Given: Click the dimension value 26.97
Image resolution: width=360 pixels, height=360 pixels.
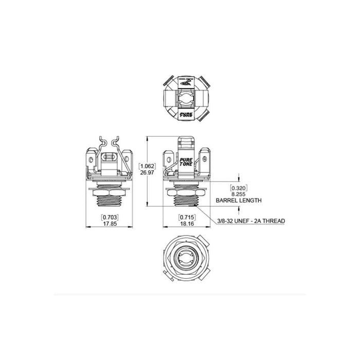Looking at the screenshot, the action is point(147,172).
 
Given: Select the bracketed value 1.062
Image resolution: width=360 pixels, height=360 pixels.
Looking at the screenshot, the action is point(147,166).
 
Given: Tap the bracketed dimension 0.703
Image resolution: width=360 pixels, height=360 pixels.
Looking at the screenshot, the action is point(110,217).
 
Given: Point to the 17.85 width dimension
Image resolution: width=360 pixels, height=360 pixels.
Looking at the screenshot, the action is point(110,224).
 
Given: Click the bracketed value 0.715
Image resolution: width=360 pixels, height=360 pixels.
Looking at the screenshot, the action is point(187,217).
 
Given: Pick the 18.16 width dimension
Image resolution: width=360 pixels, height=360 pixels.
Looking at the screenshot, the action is point(187,224).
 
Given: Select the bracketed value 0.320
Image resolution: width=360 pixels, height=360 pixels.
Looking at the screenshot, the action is point(239,188).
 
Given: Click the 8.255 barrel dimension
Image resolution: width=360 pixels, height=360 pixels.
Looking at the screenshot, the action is point(239,194).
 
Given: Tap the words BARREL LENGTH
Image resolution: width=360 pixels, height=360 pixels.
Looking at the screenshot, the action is point(239,201).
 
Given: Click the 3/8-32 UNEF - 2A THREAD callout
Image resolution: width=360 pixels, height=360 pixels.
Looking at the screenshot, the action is point(251,221).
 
